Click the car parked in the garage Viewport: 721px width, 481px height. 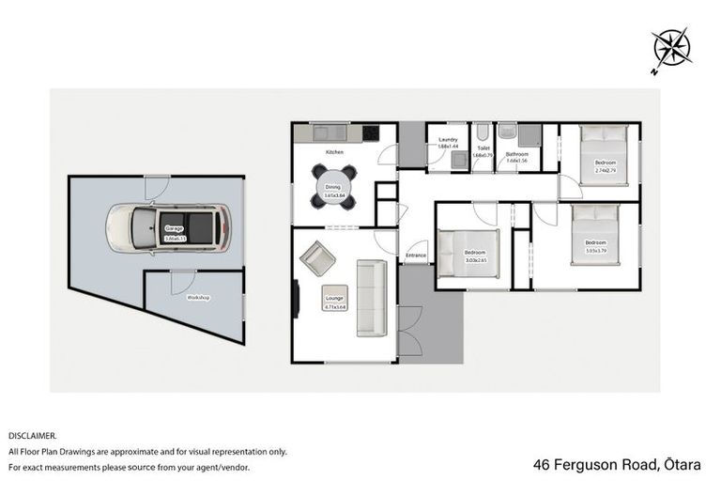168,228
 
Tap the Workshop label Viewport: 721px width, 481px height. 197,297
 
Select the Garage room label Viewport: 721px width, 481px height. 175,228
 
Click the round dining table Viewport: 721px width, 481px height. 335,187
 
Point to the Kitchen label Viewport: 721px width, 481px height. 334,151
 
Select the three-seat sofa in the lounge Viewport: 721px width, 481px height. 371,298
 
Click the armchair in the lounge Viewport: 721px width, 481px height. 316,257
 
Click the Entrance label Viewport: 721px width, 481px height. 416,256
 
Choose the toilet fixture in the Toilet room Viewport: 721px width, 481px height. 483,133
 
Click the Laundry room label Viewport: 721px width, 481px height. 447,140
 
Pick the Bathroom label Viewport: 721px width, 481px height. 517,153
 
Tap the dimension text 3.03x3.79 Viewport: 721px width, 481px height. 596,251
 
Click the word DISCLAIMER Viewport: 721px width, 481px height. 33,436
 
